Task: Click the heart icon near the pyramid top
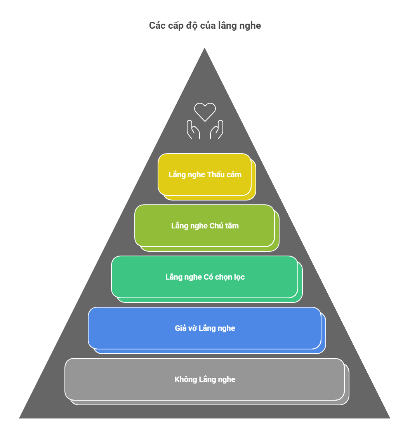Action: (x=205, y=112)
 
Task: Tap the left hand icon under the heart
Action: (x=193, y=130)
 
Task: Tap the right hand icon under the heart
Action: (x=217, y=130)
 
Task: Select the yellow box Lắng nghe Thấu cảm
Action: (x=205, y=175)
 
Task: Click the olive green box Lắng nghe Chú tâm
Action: (x=205, y=226)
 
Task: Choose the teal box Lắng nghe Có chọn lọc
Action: (x=205, y=277)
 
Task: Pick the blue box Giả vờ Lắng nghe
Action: (x=205, y=328)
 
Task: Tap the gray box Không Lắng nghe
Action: (x=205, y=379)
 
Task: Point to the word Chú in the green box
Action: (x=216, y=226)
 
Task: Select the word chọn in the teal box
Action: (x=223, y=277)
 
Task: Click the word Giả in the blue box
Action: (x=181, y=328)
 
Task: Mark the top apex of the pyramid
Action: (x=205, y=47)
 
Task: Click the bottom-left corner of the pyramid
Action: (x=19, y=418)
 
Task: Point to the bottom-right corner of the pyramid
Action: (x=390, y=418)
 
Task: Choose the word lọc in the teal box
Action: (x=239, y=277)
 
